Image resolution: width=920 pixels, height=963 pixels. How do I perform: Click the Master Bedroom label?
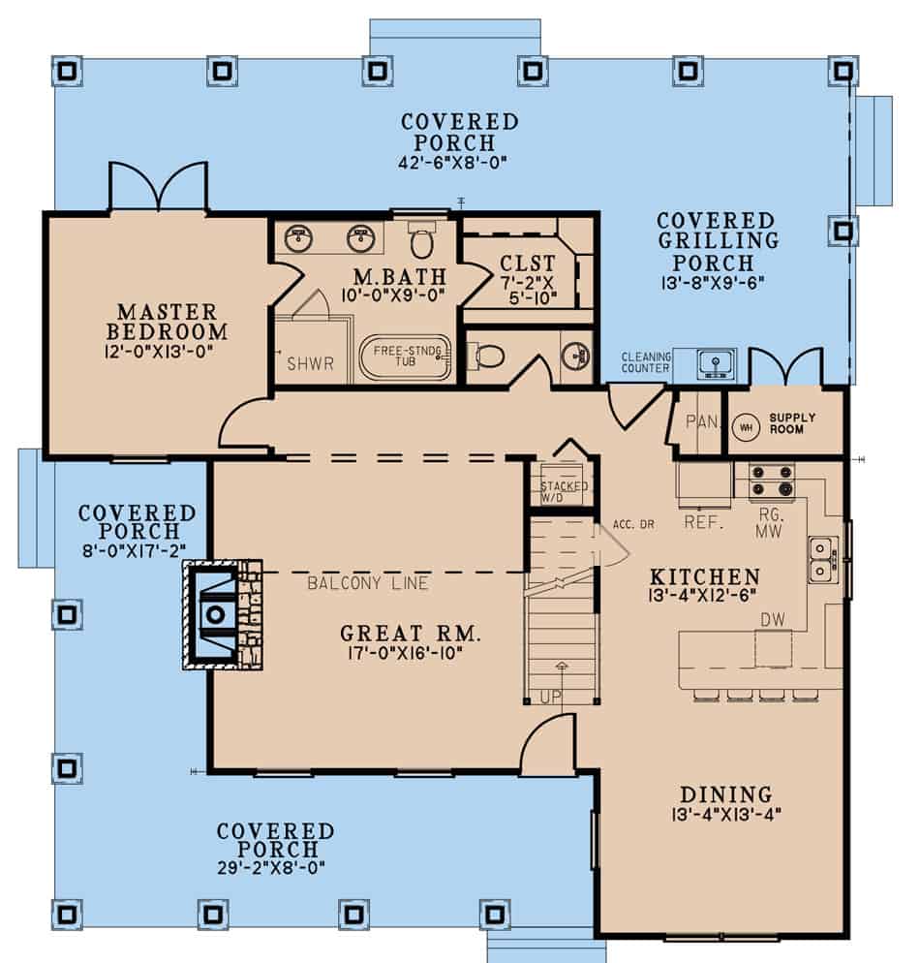coord(168,322)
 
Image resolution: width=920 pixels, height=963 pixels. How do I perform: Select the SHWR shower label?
coord(310,364)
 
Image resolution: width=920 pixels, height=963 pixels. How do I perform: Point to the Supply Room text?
coord(792,423)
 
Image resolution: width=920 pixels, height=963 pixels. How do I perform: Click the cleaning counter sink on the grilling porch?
coord(716,362)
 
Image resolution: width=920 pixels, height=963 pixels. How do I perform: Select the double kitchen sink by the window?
coord(823,560)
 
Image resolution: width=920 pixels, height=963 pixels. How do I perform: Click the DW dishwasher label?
coord(772,618)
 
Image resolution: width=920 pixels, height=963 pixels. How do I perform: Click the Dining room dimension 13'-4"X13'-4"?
coord(725,815)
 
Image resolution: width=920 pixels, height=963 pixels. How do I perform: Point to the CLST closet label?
coord(527,264)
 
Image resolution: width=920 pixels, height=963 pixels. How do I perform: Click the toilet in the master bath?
coord(420,238)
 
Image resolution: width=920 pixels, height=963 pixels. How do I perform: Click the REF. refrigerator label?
coord(698,520)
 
